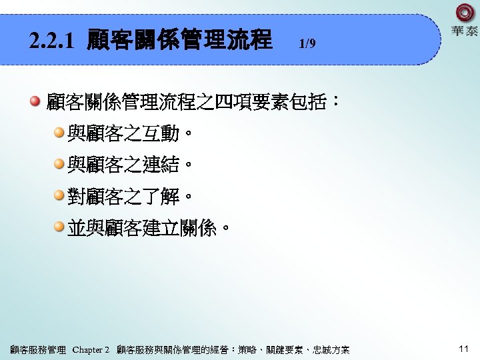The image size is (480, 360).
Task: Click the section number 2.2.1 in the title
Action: coord(53,42)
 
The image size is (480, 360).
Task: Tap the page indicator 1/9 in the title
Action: coord(307,45)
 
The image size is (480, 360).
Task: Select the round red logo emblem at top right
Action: coord(465,13)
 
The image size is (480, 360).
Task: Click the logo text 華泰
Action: coord(465,31)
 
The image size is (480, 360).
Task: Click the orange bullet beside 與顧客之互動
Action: coord(59,133)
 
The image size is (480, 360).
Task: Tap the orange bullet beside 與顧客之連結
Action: coord(59,165)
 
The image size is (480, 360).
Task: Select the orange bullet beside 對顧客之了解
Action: coord(59,196)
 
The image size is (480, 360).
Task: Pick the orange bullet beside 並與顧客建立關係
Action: coord(59,228)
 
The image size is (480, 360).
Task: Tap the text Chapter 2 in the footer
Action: coord(91,350)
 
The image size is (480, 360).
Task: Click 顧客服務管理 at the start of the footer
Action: coord(38,350)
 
